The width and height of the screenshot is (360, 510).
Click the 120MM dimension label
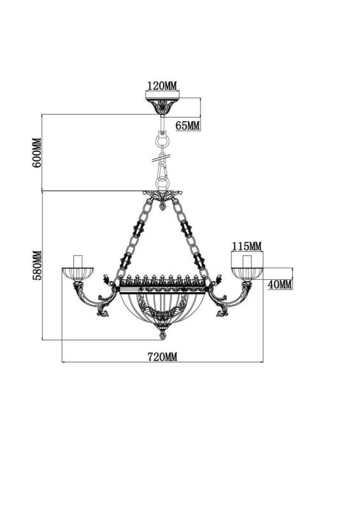(162, 86)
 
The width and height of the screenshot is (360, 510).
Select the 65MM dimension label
(187, 125)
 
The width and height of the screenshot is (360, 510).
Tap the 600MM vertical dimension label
(37, 153)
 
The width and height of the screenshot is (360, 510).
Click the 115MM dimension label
(247, 247)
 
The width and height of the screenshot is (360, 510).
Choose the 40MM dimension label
(279, 284)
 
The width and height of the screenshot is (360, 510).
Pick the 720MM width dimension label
(162, 357)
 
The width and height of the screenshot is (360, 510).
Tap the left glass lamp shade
(78, 274)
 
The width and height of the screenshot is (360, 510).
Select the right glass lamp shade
(247, 274)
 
